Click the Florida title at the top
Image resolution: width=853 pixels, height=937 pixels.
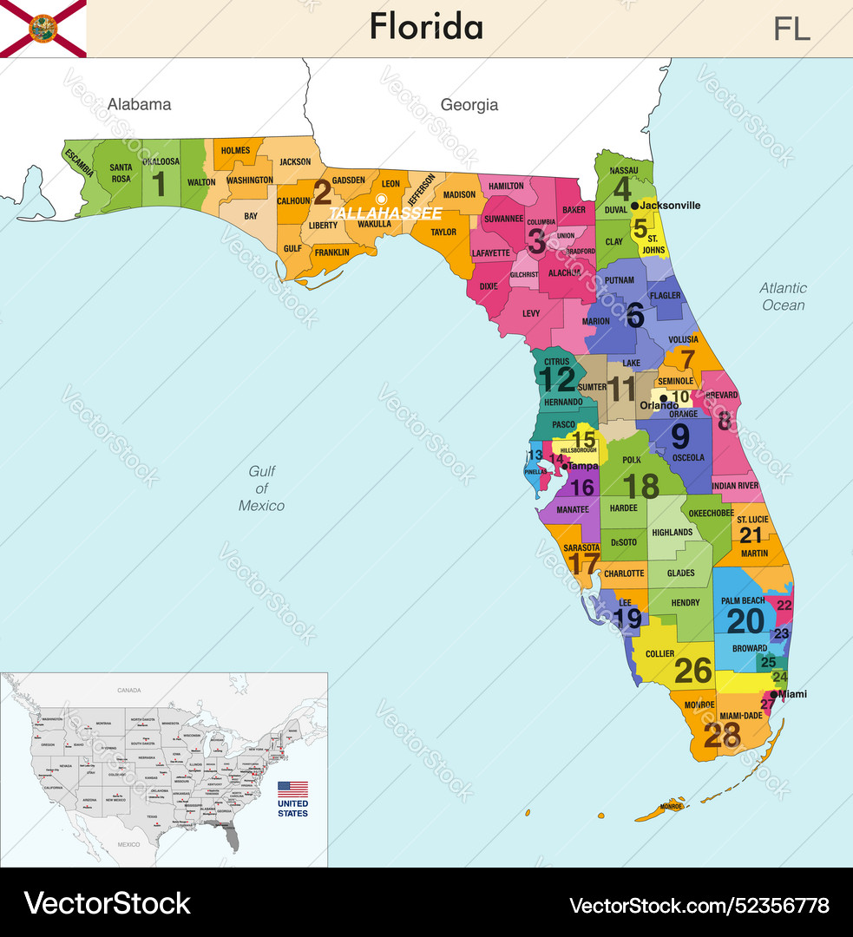[426, 27]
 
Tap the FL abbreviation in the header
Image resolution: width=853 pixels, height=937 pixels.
[791, 29]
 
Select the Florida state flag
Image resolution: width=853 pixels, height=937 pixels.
[43, 29]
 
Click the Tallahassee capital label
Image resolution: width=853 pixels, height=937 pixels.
[385, 213]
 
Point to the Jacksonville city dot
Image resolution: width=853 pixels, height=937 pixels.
[634, 206]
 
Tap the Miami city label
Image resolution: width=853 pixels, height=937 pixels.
[793, 694]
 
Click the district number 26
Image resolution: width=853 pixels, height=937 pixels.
[693, 670]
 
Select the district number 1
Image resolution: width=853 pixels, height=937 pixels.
[159, 182]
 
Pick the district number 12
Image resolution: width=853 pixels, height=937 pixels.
[556, 379]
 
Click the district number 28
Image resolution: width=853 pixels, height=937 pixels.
[722, 735]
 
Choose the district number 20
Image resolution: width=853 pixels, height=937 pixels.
[745, 620]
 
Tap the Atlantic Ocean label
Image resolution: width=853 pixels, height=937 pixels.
[783, 297]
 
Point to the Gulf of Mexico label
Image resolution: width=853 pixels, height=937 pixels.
[261, 488]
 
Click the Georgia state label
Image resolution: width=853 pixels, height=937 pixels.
[469, 105]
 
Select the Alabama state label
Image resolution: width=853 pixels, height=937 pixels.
[139, 104]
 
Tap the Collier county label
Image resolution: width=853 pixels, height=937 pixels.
[659, 654]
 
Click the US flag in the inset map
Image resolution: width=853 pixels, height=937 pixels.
[292, 789]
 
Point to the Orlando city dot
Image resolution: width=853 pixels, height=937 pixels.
[663, 399]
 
